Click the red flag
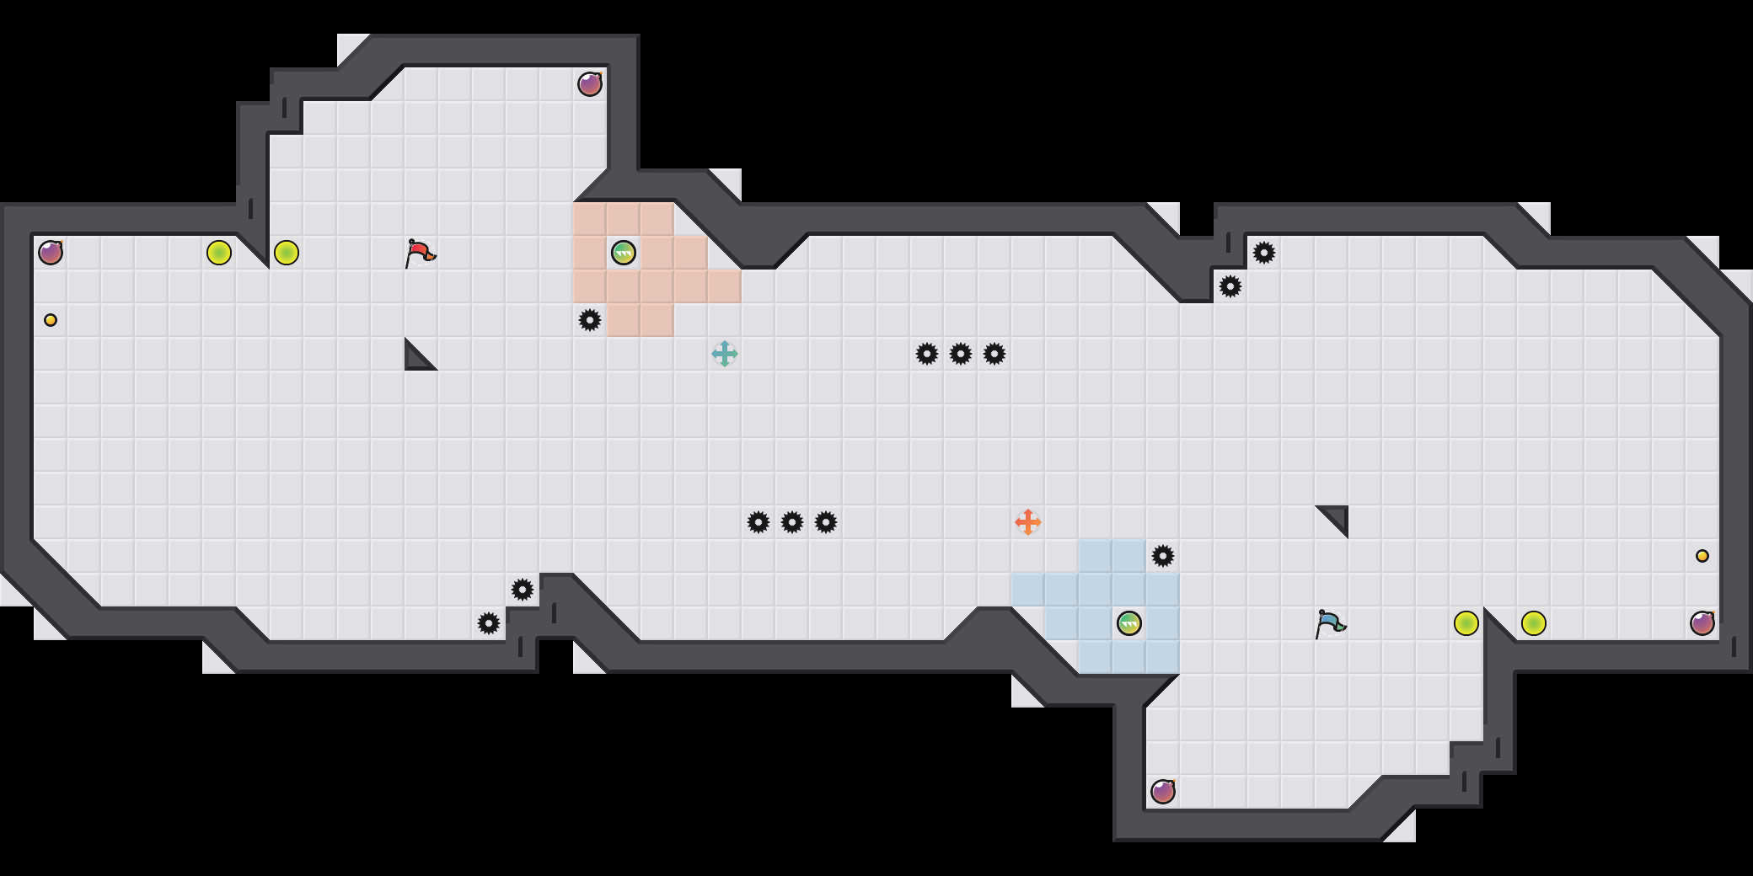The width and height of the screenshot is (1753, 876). tap(420, 253)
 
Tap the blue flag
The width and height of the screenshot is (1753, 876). tap(1330, 623)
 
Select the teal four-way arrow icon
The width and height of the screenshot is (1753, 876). tap(725, 354)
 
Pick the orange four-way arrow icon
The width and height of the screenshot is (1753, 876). tap(1028, 522)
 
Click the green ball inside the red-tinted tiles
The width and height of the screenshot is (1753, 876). tap(624, 253)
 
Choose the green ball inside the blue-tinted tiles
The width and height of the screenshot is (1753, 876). tap(1129, 623)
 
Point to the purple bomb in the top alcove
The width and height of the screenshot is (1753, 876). tap(590, 84)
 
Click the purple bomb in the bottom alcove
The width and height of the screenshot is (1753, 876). tap(1163, 792)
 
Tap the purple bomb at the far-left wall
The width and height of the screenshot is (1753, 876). tap(51, 253)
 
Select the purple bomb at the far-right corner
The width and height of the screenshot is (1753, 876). tap(1702, 623)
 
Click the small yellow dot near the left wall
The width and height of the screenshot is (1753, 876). tap(51, 320)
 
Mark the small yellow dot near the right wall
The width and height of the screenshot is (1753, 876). tap(1702, 556)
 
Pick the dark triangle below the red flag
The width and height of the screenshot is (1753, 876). tap(416, 357)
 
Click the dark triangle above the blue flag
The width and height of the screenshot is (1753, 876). tap(1337, 517)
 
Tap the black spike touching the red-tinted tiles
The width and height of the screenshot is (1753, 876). tap(590, 320)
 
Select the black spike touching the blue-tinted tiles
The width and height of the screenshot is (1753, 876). tap(1163, 556)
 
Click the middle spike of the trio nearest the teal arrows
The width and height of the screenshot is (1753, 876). tap(961, 354)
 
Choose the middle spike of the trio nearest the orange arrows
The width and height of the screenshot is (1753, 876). tap(792, 522)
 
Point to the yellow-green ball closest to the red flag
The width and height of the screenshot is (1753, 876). tap(287, 253)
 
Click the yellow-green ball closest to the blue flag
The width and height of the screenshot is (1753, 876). tap(1466, 623)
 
